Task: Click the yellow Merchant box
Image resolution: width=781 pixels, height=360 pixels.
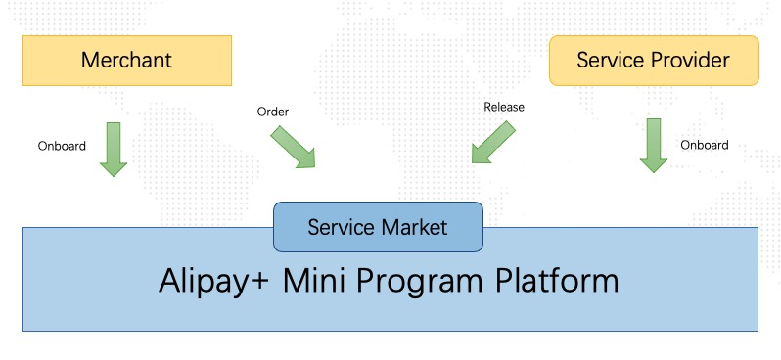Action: point(126,61)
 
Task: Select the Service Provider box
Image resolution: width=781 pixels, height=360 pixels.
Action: point(654,61)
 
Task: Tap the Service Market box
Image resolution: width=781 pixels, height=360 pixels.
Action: point(378,227)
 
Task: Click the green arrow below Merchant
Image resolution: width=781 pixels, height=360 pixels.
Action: point(114,150)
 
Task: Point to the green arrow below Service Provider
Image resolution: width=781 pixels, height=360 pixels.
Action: point(654,146)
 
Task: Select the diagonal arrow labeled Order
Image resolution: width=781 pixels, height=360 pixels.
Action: point(293,147)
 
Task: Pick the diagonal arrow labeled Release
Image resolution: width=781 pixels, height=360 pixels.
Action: point(493,143)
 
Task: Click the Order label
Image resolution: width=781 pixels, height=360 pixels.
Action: point(272,112)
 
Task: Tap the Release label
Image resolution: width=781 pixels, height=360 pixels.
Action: point(504,107)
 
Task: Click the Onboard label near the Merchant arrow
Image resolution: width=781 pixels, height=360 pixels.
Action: point(62,146)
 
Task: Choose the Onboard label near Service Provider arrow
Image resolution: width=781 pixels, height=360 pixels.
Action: point(705,145)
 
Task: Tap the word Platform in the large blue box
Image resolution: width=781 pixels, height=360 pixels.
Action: point(556,281)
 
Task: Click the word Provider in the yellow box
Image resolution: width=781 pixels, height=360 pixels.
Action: point(691,61)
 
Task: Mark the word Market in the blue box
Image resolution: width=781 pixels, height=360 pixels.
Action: point(413,227)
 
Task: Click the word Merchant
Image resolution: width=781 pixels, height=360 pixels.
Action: point(126,61)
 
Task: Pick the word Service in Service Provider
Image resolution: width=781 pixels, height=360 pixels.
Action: point(611,61)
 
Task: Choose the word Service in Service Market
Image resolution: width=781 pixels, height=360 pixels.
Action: point(341,227)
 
